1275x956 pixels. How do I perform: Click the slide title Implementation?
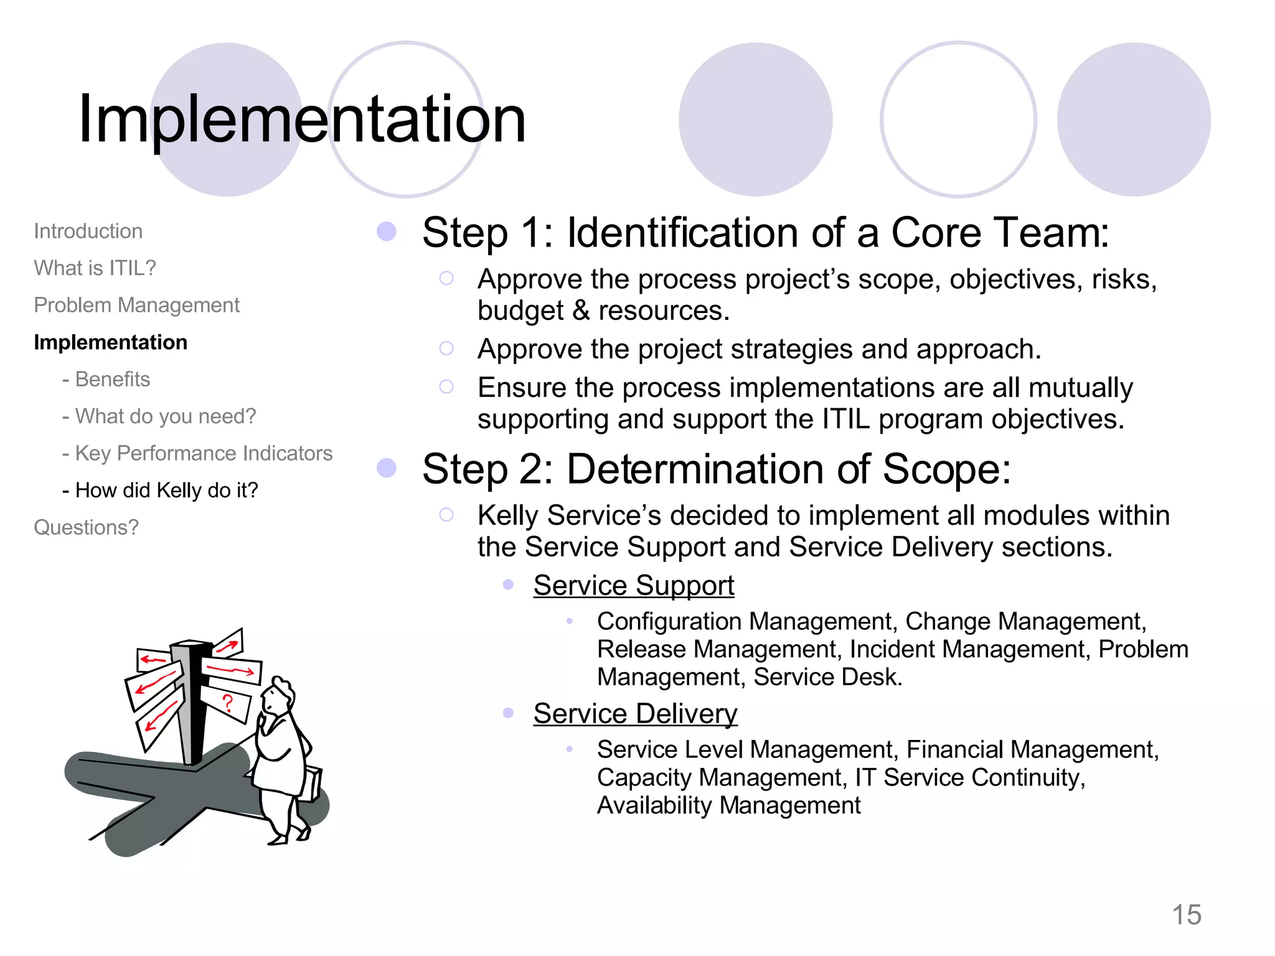tap(302, 118)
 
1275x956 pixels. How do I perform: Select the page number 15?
tap(1186, 915)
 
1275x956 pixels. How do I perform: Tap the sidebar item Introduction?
tap(88, 231)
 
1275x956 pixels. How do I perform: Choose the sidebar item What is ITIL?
tap(95, 268)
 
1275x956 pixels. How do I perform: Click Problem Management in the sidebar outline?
tap(136, 305)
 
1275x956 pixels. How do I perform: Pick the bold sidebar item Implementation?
tap(110, 342)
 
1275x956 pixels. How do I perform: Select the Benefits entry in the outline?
tap(112, 379)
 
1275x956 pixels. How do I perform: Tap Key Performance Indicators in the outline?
tap(204, 453)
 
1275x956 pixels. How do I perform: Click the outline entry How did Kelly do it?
tap(166, 490)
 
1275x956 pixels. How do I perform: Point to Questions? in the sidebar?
tap(86, 527)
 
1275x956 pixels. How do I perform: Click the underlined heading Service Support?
tap(633, 586)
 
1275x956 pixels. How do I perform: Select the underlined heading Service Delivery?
tap(635, 713)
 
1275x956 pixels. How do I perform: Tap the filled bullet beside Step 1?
tap(387, 232)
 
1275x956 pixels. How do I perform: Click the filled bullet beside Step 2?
tap(387, 468)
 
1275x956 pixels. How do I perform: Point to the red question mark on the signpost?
tap(228, 703)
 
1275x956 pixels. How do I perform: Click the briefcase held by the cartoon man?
tap(311, 784)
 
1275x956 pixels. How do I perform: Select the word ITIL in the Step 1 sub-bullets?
tap(845, 419)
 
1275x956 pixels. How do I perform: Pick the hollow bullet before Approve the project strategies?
tap(446, 349)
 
